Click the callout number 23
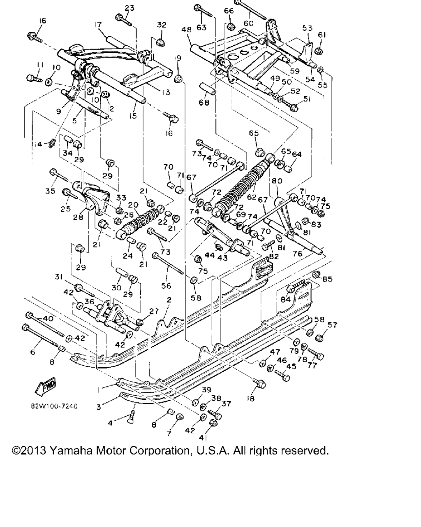[130, 8]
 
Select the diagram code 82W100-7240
[54, 406]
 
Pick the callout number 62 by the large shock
[252, 197]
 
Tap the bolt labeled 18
[260, 384]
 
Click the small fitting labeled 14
[52, 144]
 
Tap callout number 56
[166, 286]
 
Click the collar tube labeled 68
[207, 88]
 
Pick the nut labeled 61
[318, 51]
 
